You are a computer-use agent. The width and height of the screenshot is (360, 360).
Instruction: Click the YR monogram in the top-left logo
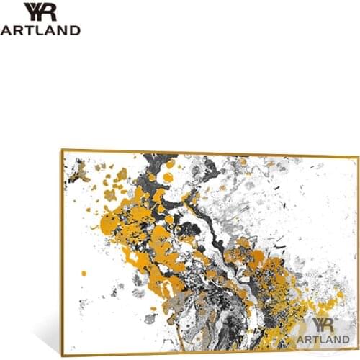coord(40,12)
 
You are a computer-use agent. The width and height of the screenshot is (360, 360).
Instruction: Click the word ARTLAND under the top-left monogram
coord(40,30)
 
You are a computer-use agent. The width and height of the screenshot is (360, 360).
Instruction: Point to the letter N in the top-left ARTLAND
coord(64,30)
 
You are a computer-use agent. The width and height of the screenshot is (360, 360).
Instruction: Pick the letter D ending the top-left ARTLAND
coord(75,30)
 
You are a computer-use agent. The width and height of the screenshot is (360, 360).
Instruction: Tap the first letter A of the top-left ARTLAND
coord(6,30)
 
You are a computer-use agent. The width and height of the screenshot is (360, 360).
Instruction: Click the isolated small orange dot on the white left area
coord(84,273)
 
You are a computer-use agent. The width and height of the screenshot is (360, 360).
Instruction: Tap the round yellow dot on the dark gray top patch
coord(167,177)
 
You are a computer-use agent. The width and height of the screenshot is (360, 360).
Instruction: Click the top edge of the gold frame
coord(209,153)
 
